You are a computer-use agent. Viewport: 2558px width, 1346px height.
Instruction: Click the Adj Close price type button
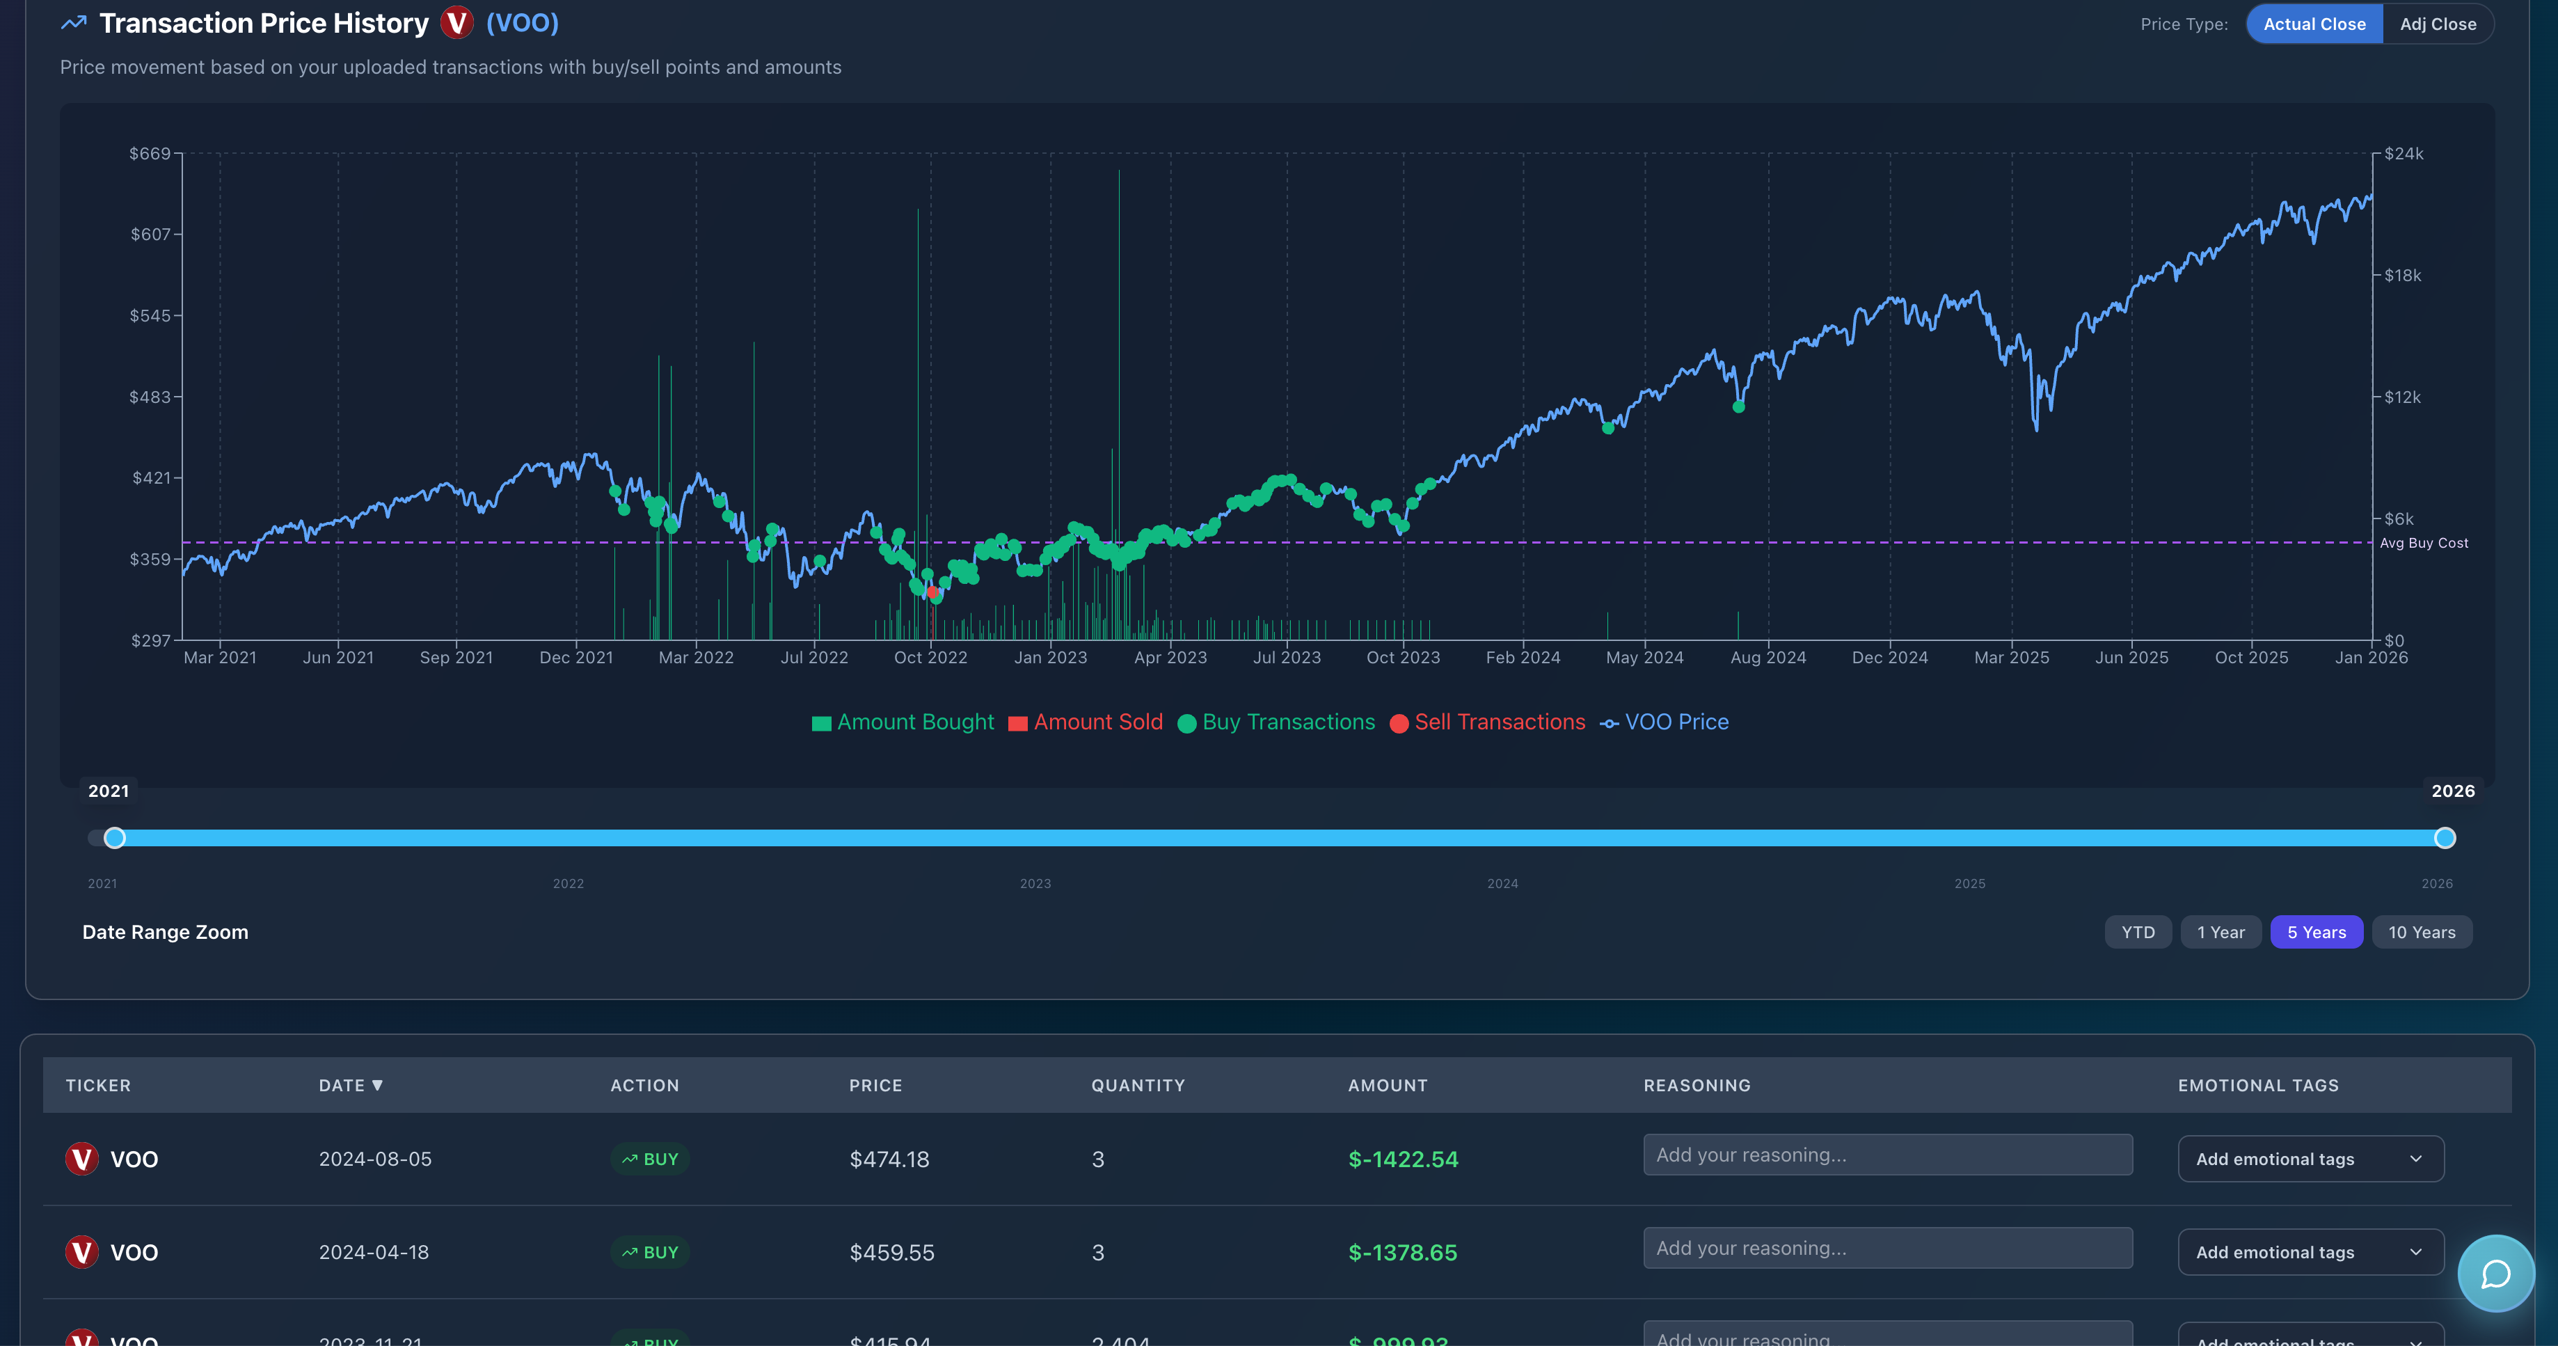2437,24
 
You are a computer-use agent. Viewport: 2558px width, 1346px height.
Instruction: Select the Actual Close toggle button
2314,24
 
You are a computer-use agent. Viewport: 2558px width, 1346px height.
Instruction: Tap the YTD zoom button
2137,932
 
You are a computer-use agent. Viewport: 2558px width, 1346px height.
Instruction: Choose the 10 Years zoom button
2421,932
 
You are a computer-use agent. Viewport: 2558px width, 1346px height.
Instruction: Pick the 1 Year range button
2221,932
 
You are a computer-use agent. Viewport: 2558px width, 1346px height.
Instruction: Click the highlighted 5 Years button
2316,932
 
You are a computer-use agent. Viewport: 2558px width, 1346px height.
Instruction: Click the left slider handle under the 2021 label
116,837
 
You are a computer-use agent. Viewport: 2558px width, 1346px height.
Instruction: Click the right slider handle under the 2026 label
2445,837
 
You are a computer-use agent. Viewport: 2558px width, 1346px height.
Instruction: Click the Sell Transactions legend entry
1488,722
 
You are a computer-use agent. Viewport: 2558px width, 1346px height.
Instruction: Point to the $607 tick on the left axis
151,235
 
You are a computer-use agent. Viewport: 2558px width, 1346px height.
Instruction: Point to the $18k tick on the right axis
2402,275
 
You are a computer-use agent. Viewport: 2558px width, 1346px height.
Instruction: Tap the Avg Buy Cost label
2423,544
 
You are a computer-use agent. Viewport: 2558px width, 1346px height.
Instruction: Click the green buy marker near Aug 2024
1738,406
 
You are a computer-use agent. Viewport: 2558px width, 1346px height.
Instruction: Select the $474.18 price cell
889,1159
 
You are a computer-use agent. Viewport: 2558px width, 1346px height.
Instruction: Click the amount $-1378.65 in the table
1402,1253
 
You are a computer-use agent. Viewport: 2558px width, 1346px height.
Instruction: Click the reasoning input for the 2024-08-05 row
1886,1155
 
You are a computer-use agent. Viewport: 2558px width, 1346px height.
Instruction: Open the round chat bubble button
2495,1274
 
